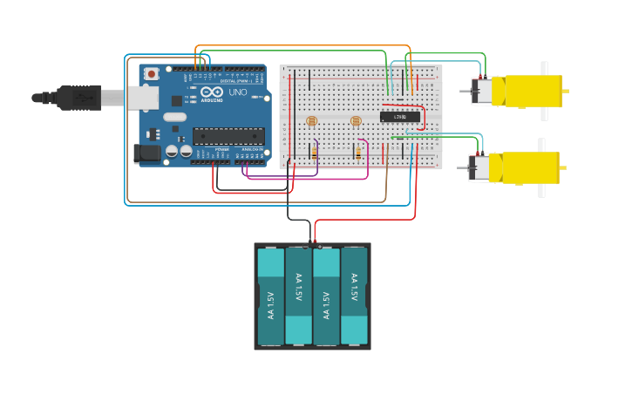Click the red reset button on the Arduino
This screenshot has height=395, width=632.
(152, 74)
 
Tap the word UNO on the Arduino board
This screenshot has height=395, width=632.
(237, 92)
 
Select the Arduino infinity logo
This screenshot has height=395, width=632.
(212, 92)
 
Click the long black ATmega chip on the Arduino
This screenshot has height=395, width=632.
(228, 136)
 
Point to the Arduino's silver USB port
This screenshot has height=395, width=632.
(143, 98)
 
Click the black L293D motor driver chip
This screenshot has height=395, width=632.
(400, 116)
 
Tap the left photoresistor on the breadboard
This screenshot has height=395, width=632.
(311, 121)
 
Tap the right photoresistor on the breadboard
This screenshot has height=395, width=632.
(355, 121)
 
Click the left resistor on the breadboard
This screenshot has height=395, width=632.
(314, 153)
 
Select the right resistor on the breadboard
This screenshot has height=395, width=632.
(357, 153)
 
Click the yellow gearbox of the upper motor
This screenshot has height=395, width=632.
(527, 91)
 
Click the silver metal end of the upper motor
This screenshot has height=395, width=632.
(481, 91)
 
